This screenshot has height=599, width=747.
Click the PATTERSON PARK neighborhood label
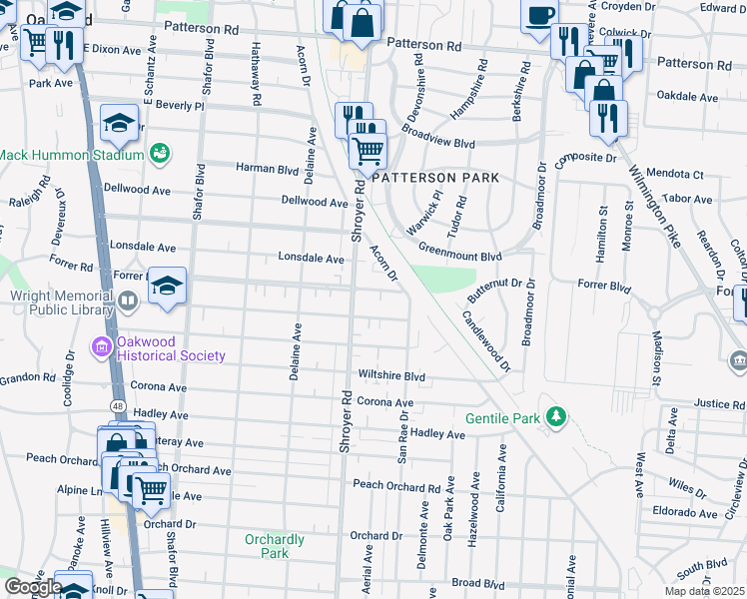point(435,177)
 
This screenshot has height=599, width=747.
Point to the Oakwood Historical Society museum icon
point(101,348)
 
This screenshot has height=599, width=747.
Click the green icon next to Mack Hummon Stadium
point(159,153)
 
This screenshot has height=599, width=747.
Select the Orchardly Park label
point(274,546)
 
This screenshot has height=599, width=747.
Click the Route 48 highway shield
point(118,406)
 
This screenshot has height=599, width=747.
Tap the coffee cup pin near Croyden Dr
point(540,16)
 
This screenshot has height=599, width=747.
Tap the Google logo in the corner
point(33,587)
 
